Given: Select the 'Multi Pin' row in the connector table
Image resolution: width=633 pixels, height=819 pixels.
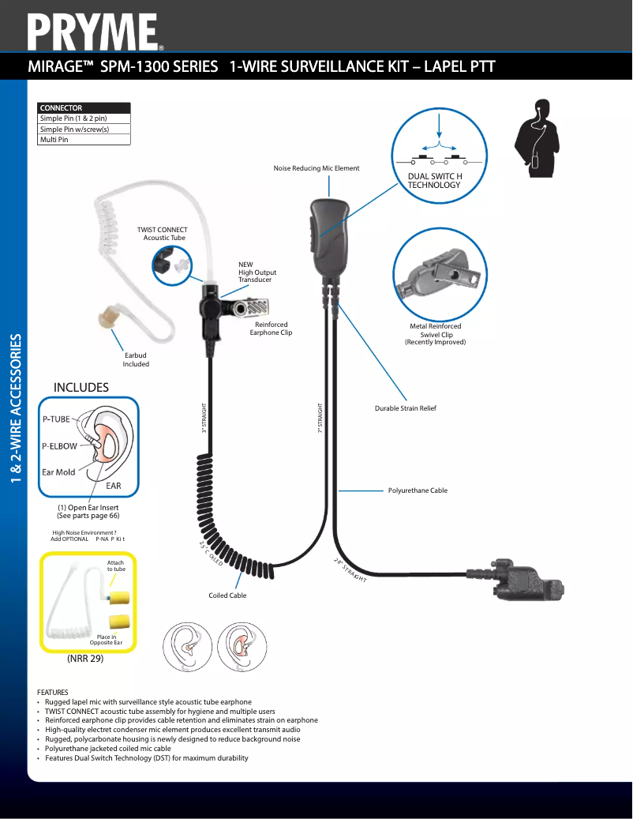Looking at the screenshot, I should tap(84, 140).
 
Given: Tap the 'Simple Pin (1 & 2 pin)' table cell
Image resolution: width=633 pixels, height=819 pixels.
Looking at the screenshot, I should tap(84, 118).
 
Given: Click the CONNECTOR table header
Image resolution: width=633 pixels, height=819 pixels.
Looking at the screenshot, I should tap(84, 108).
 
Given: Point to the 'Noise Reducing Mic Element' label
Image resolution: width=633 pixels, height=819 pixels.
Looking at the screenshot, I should tap(316, 168).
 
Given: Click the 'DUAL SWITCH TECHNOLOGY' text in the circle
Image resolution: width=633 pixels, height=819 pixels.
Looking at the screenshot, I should tap(434, 180).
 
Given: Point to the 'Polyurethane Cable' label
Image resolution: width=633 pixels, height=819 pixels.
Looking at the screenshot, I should tap(418, 490).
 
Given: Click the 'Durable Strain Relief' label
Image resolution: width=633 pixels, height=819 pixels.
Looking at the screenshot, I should tap(405, 408).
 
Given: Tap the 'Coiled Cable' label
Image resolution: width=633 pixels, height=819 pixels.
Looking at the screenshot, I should tap(227, 595).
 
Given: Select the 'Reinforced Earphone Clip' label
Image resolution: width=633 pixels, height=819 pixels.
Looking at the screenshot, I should tap(271, 329).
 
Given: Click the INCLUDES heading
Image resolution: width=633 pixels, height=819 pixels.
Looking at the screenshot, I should tap(81, 387).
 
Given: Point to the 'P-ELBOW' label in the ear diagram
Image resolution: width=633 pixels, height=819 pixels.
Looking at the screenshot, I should tap(60, 446).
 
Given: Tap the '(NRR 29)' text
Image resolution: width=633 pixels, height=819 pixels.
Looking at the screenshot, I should tap(85, 658).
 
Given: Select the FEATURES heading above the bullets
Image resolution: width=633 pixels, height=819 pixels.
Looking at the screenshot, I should tap(53, 692).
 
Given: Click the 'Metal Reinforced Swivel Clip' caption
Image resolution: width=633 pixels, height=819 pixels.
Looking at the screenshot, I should tap(435, 334).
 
